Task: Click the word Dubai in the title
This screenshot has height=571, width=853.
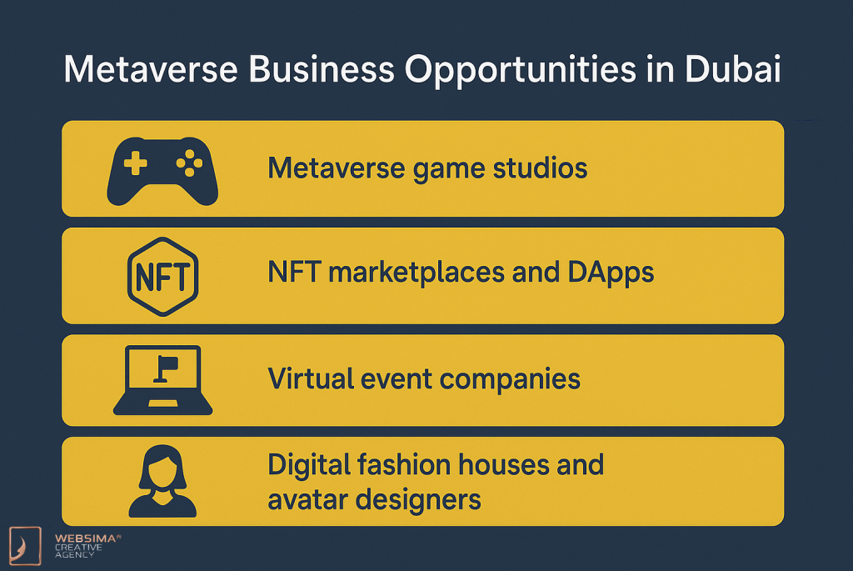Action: click(x=733, y=69)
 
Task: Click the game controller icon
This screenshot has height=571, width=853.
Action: click(x=162, y=171)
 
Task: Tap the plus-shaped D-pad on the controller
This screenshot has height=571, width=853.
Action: click(x=136, y=163)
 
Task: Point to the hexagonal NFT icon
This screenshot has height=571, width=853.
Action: click(x=162, y=277)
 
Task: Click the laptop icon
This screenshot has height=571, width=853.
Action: click(x=162, y=380)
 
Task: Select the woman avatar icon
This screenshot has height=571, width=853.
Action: click(x=162, y=481)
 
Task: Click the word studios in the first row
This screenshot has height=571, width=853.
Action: click(x=540, y=168)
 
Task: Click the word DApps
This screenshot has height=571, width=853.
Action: click(x=611, y=273)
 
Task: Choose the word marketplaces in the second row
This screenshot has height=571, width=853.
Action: click(x=417, y=273)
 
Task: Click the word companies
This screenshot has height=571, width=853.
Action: click(x=510, y=380)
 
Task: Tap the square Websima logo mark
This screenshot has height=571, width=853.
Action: click(x=25, y=545)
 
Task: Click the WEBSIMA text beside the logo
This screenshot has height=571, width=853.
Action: click(x=86, y=538)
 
